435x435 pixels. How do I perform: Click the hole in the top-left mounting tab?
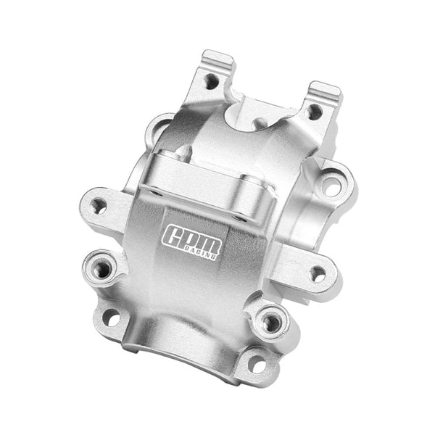(x=211, y=81)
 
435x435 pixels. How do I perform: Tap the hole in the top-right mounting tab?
(x=314, y=112)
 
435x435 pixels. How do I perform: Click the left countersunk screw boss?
(x=103, y=270)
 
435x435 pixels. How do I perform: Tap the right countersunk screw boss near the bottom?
(x=272, y=321)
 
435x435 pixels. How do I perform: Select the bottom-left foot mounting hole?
(x=111, y=317)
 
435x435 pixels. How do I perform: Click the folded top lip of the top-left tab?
(x=218, y=58)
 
